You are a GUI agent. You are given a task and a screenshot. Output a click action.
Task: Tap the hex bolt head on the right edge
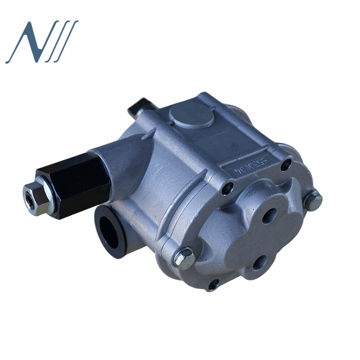[x=313, y=200]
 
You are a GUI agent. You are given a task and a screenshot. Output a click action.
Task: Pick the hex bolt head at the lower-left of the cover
[x=185, y=259]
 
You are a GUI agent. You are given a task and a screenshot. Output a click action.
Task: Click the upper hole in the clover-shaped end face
[x=273, y=212]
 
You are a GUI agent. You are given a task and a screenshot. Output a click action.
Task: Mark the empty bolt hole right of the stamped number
[x=286, y=166]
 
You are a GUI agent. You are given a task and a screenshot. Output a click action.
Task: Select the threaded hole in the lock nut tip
[x=29, y=201]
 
